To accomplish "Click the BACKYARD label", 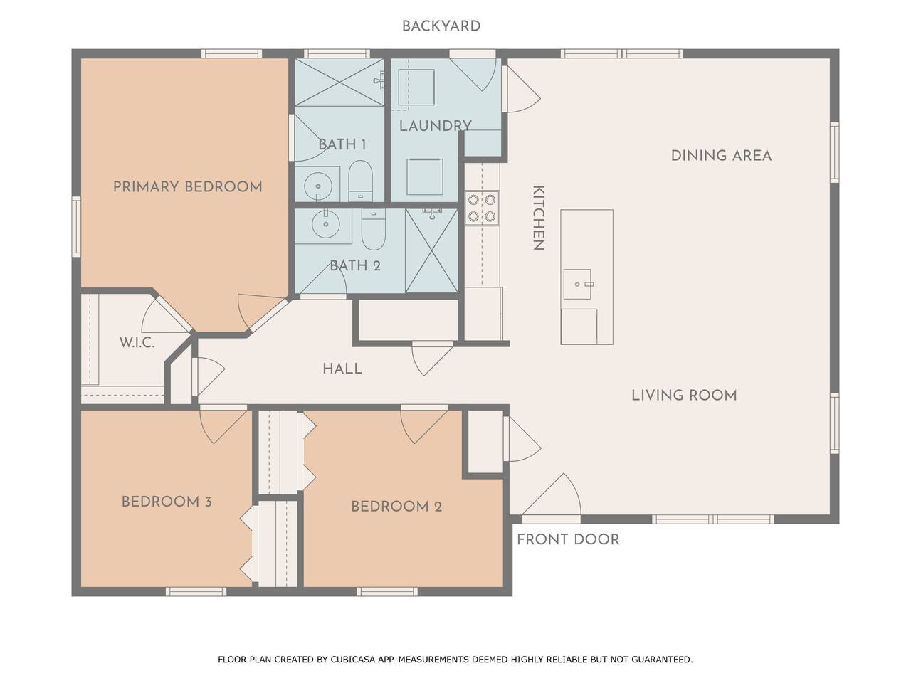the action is click(x=441, y=26).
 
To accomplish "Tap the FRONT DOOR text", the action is click(x=568, y=539).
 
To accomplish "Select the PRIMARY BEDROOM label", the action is click(x=188, y=186).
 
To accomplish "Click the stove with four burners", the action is click(x=481, y=208).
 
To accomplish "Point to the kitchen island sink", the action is click(x=577, y=284).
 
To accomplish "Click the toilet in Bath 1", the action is click(x=360, y=181).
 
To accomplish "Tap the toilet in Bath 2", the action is click(x=374, y=229).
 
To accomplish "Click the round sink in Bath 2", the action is click(x=325, y=224).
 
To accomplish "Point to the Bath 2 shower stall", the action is click(x=431, y=251).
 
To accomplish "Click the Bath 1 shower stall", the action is click(x=339, y=83).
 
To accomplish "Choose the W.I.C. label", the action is click(x=137, y=342).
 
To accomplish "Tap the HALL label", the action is click(x=342, y=369).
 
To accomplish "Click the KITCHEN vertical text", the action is click(x=538, y=218).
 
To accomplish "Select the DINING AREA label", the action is click(x=722, y=156).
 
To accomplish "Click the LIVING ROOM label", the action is click(x=684, y=396).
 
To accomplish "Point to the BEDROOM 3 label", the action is click(x=167, y=502).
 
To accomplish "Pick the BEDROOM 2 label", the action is click(x=396, y=507).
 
